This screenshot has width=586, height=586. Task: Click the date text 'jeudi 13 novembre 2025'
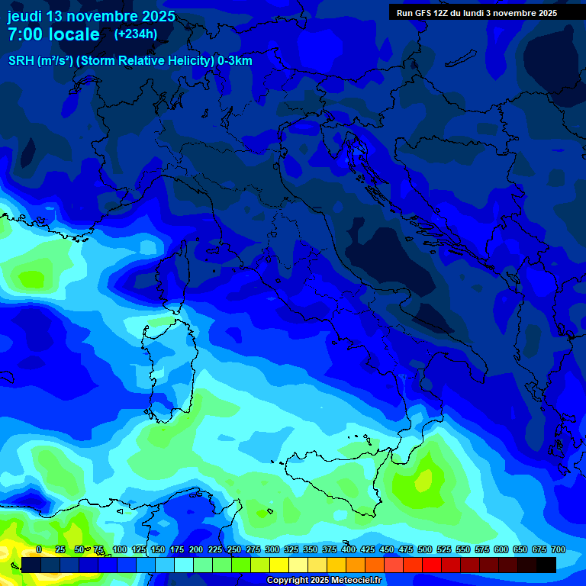click(x=91, y=16)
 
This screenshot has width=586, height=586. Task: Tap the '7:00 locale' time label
click(x=53, y=34)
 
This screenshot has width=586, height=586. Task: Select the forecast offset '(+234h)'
click(x=136, y=34)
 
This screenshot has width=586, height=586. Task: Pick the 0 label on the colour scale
click(x=38, y=549)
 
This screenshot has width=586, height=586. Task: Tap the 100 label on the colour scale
click(x=119, y=549)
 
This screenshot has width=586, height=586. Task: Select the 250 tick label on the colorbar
click(x=233, y=549)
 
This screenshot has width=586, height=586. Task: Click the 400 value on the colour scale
click(x=348, y=549)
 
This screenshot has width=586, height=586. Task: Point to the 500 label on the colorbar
click(x=424, y=549)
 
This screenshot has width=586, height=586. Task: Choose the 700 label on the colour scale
click(x=558, y=549)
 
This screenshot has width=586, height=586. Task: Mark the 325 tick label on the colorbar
click(x=291, y=549)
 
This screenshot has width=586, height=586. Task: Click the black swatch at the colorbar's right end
click(x=546, y=565)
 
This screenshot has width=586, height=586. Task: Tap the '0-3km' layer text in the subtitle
click(x=235, y=61)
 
